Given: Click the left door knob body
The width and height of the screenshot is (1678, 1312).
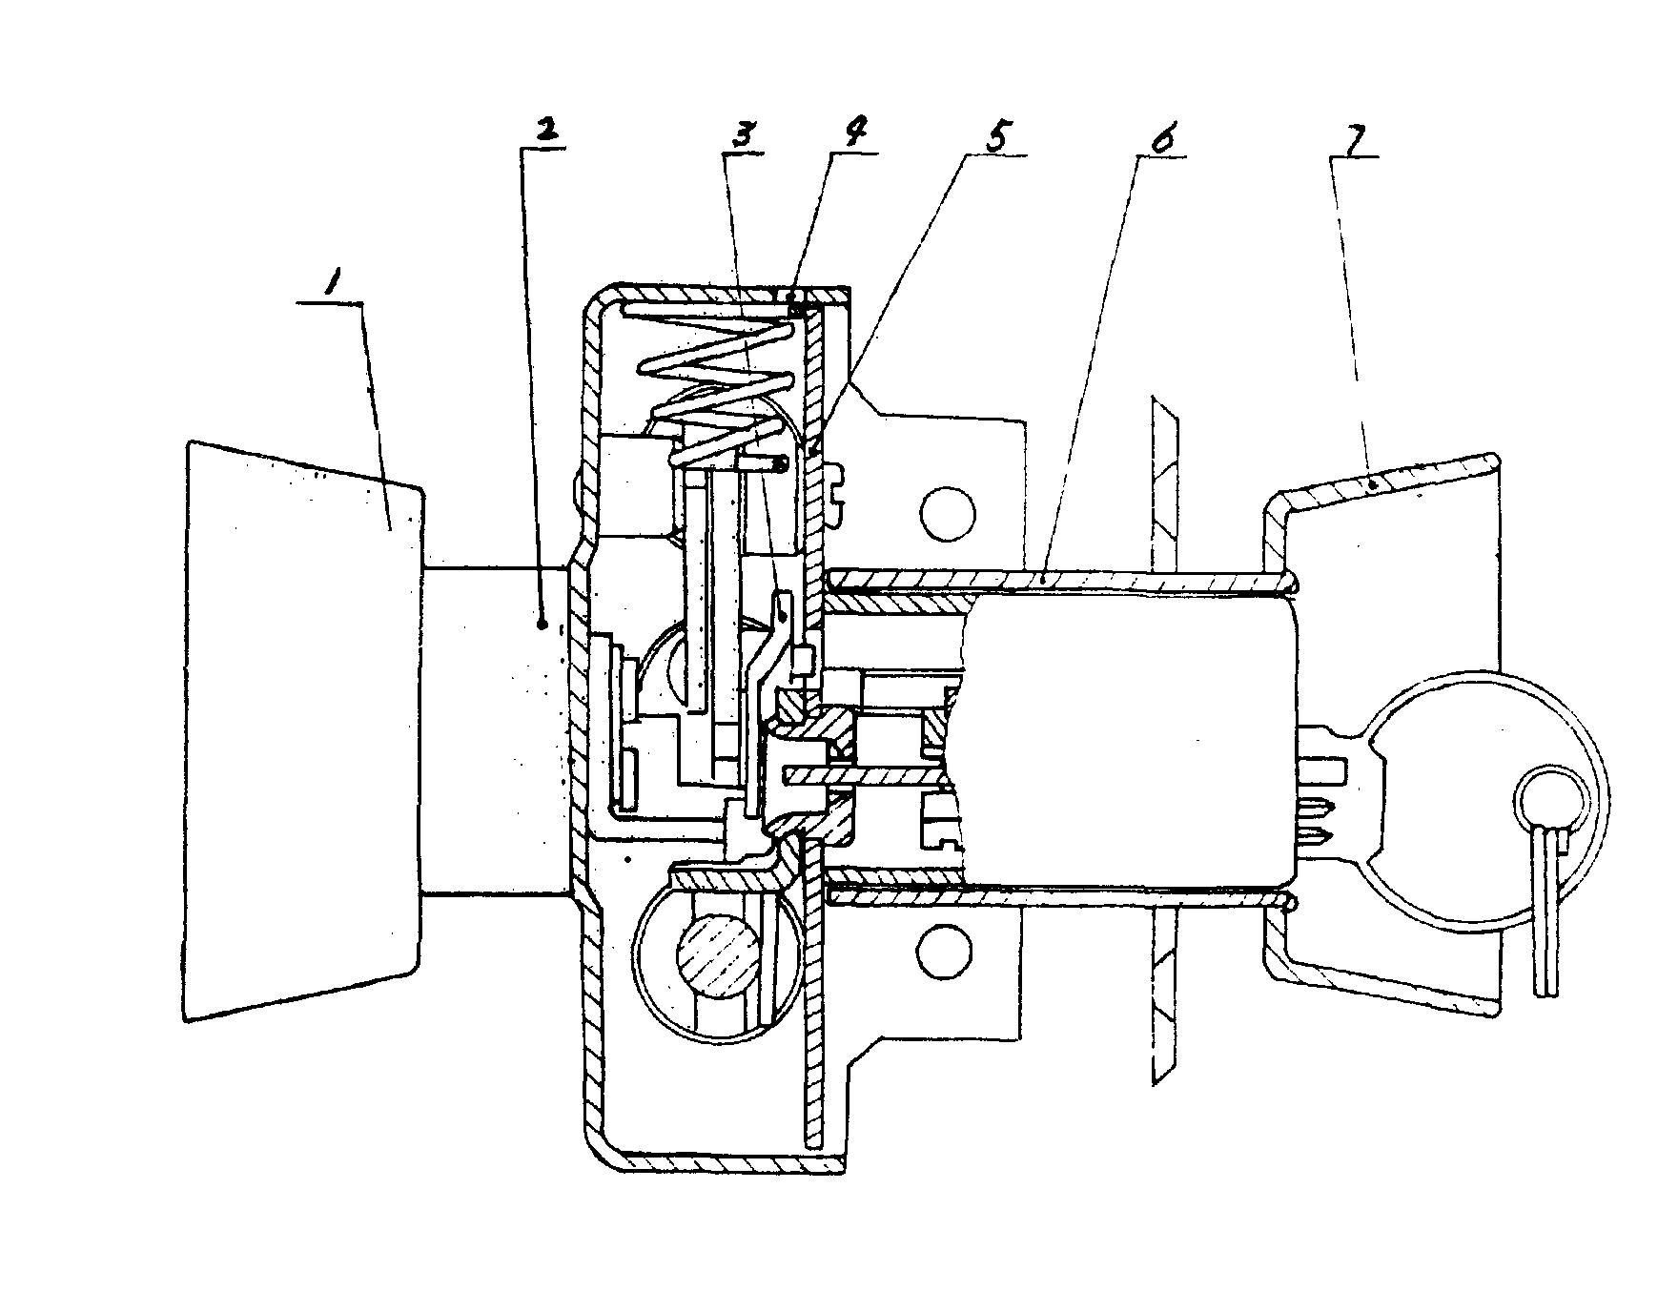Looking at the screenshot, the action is click(303, 730).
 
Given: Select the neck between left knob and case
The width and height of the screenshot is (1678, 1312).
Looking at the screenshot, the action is click(496, 730).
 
